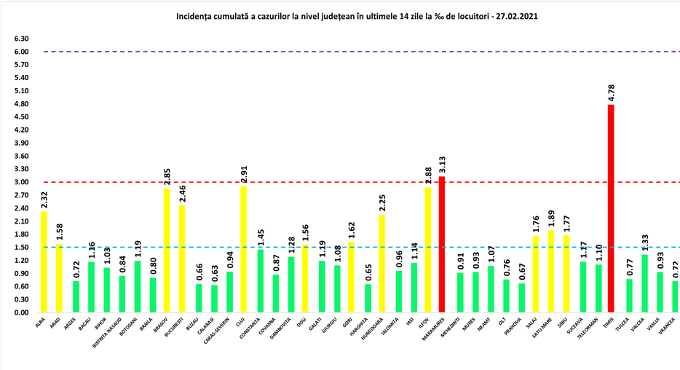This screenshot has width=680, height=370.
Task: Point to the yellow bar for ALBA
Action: [44, 261]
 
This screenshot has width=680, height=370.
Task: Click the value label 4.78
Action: [611, 93]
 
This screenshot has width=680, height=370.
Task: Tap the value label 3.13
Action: [442, 165]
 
